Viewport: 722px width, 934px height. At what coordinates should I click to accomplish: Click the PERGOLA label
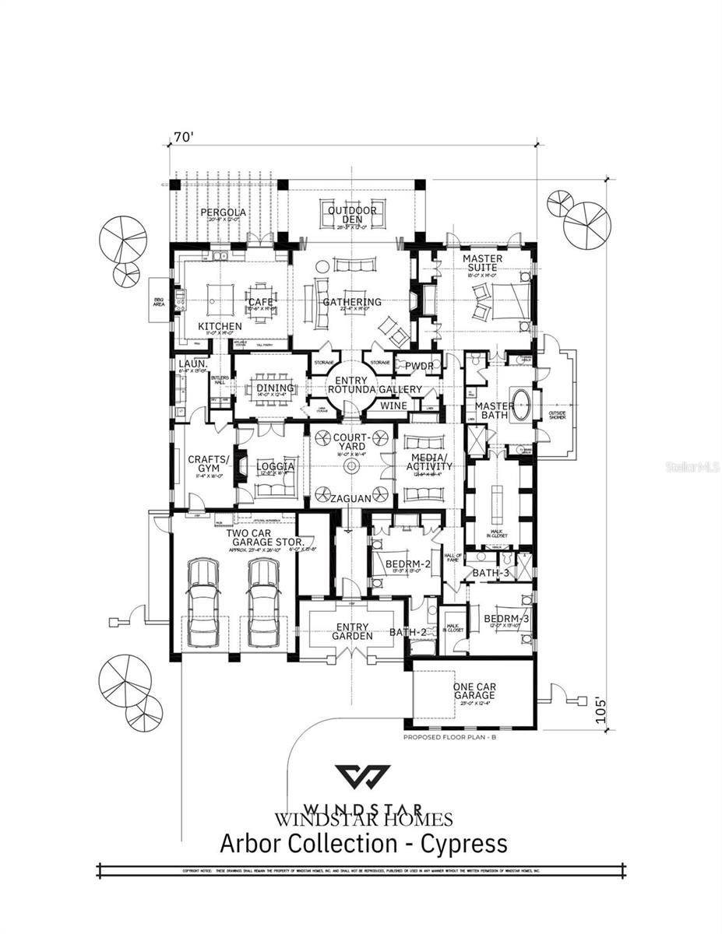tap(223, 212)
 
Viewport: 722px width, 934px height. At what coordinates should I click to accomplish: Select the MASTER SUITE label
tap(482, 263)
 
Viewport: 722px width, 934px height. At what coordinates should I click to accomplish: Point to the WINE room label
tap(393, 406)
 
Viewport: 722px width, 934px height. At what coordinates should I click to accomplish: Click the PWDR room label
tap(418, 366)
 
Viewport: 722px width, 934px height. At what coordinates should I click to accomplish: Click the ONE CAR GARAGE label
tap(475, 692)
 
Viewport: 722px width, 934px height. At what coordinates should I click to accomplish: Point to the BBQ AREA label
tap(158, 301)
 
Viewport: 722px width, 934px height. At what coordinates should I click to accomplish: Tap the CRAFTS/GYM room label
tap(205, 464)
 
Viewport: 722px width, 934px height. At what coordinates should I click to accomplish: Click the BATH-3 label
tap(491, 573)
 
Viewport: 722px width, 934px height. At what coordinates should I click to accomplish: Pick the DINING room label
tap(274, 388)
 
